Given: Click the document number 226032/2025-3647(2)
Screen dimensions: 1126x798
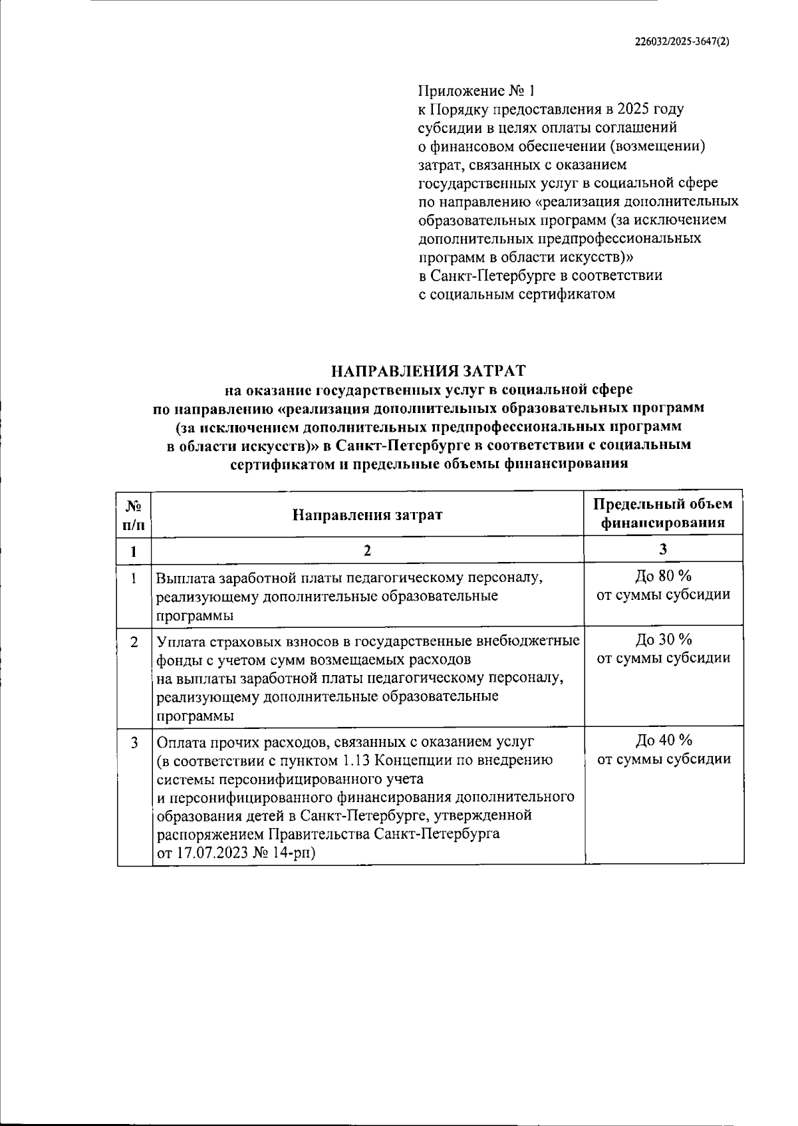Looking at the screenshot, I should point(682,41).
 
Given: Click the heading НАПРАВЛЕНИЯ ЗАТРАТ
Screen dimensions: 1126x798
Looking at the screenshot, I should point(428,369).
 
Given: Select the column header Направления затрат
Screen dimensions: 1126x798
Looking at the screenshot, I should point(367,514).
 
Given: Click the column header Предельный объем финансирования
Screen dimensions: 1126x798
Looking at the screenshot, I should point(663,513).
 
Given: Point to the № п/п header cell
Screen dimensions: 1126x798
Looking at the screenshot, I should point(134,514).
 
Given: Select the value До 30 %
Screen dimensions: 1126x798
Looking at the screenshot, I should point(663,640).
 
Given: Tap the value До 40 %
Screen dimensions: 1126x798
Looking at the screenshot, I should point(663,740).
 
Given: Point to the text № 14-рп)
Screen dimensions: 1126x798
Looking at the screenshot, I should point(284,853).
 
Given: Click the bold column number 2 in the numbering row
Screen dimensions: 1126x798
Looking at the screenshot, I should point(367,549).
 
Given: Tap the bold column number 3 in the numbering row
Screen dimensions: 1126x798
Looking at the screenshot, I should point(663,549).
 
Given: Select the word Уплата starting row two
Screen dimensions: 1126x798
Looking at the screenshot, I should point(178,641).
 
